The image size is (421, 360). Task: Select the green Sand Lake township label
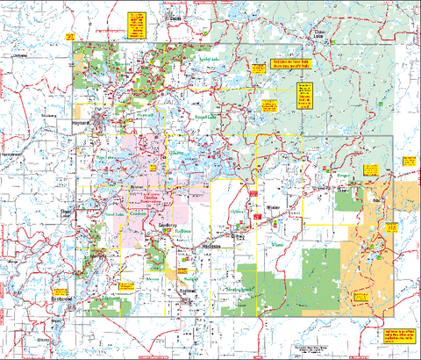coord(115,212)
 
